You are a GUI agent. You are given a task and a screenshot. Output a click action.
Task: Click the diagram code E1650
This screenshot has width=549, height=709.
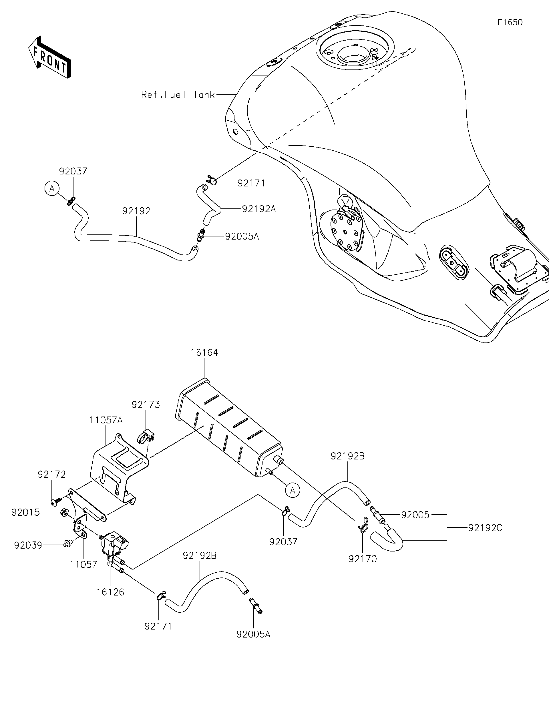(510, 22)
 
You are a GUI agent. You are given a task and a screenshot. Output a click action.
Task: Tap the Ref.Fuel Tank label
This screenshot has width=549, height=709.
(178, 95)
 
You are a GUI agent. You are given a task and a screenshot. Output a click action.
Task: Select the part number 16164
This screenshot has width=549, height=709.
(204, 352)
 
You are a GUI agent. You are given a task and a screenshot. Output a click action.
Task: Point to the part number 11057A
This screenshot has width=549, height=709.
(106, 420)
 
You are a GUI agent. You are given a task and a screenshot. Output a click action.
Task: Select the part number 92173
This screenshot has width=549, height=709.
(146, 405)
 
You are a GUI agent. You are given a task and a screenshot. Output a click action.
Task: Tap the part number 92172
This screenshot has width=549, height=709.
(52, 474)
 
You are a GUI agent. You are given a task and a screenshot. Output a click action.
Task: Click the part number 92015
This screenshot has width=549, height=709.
(26, 512)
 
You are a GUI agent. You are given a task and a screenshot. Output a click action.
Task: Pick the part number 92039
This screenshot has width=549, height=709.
(28, 545)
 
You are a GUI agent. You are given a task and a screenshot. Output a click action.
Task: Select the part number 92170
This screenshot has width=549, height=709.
(362, 559)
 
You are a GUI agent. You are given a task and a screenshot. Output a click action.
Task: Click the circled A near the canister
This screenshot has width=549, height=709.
(293, 490)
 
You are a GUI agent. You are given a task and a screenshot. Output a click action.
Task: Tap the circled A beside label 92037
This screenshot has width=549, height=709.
(52, 189)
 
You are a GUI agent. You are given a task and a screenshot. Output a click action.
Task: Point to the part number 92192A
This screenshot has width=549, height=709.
(259, 209)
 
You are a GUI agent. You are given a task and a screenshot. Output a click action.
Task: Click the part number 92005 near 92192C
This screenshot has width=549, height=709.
(415, 515)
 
